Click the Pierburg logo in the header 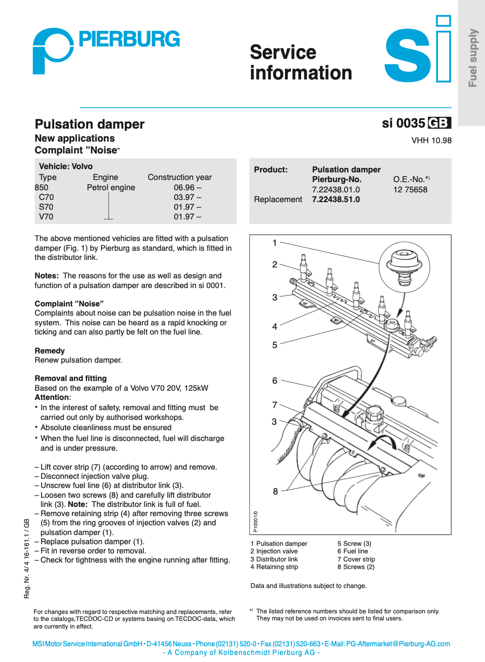click(x=105, y=50)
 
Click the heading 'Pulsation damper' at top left click(x=89, y=124)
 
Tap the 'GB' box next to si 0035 click(x=439, y=123)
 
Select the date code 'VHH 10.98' click(x=431, y=141)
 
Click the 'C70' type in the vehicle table click(x=46, y=197)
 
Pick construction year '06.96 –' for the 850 click(x=187, y=188)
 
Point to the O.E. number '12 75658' click(x=410, y=190)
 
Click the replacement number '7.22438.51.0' click(x=336, y=199)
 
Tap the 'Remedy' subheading click(x=50, y=351)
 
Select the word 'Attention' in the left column click(x=52, y=397)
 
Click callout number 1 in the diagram click(x=275, y=243)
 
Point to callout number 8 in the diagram click(x=275, y=491)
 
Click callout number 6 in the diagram click(x=275, y=381)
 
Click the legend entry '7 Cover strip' click(x=356, y=559)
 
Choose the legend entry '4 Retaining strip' click(x=274, y=567)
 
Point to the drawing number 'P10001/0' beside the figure click(x=256, y=522)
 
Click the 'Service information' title click(x=301, y=63)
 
